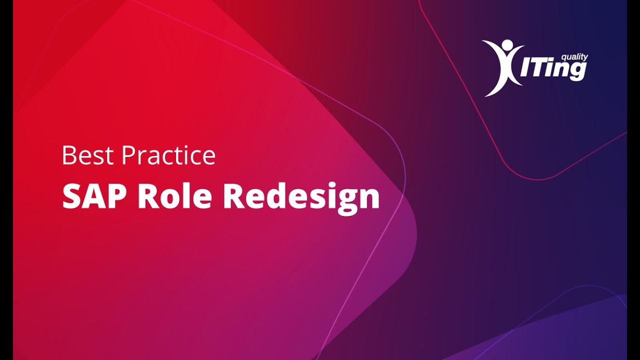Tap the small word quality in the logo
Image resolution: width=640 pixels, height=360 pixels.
pos(574,57)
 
